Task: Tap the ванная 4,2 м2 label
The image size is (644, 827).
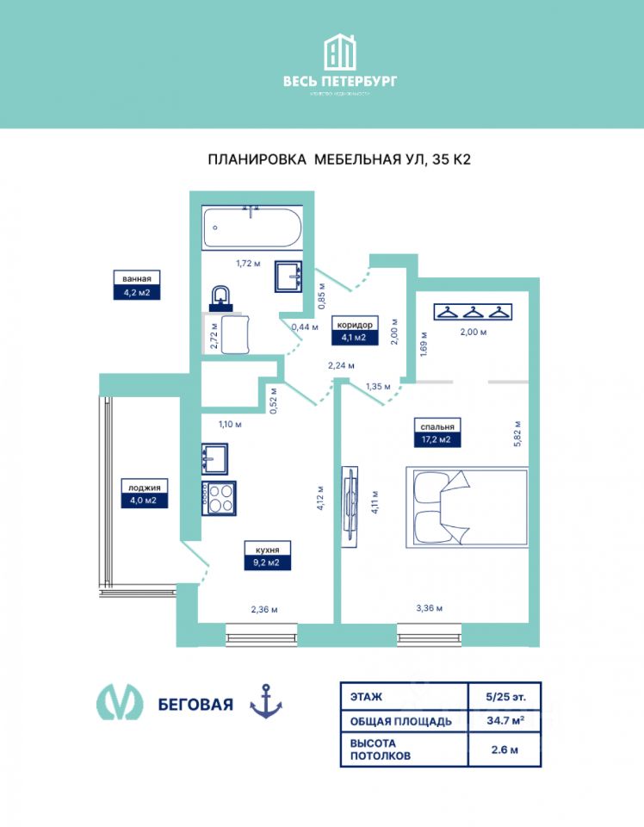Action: coord(138,284)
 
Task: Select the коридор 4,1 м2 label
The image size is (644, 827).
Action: coord(355,331)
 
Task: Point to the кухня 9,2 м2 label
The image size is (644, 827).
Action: coord(267,556)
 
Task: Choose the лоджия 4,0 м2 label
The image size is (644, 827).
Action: coord(143,493)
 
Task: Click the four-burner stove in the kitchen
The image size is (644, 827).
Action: coord(219,497)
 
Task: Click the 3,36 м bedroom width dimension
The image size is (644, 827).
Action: coord(429,609)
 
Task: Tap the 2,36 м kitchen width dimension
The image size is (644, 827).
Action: coord(263,610)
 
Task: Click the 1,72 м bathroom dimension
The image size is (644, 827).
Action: coord(248,264)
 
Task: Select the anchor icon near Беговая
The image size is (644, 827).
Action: coord(266,702)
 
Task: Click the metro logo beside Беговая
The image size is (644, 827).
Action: coord(120,703)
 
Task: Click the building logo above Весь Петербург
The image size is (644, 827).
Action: coord(341,53)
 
